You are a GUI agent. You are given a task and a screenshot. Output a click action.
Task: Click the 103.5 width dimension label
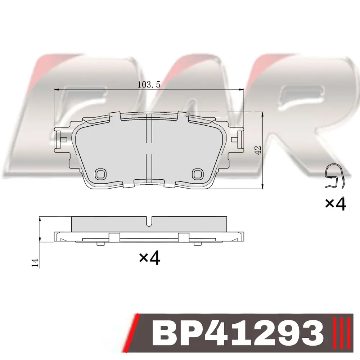click(x=149, y=85)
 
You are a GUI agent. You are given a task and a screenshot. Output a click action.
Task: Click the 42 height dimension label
click(x=258, y=150)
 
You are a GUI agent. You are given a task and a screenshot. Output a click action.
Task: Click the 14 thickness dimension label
click(x=35, y=262)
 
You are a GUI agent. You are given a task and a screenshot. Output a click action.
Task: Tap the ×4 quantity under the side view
click(x=149, y=258)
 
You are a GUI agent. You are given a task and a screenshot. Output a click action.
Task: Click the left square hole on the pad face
click(x=100, y=174)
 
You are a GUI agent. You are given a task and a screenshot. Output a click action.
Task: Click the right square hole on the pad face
click(x=198, y=174)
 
